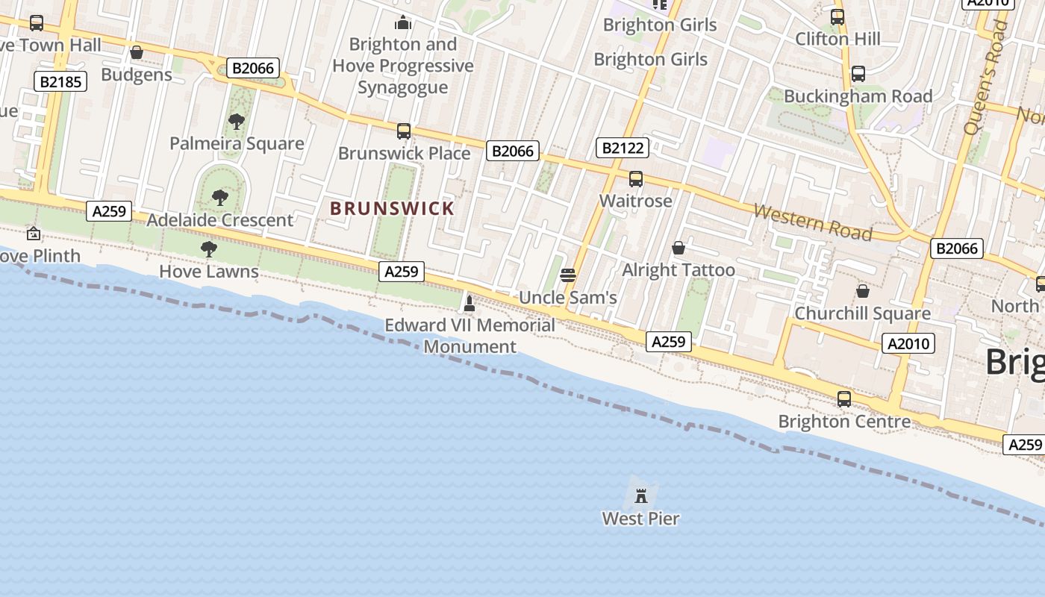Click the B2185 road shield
(60, 81)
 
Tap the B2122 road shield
(623, 148)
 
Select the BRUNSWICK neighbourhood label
(392, 208)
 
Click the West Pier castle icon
(640, 495)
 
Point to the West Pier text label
(640, 518)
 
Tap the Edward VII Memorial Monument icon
(470, 303)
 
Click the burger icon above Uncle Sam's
(567, 275)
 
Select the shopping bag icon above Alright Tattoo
(679, 248)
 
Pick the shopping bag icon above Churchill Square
(863, 290)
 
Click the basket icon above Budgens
(137, 52)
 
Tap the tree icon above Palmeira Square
(237, 121)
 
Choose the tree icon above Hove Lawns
(209, 249)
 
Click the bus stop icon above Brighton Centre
(844, 399)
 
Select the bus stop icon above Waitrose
(636, 179)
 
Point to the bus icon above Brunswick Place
(404, 131)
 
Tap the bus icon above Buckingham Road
(858, 74)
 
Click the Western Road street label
(813, 222)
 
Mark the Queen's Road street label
(985, 78)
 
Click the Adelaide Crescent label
(220, 220)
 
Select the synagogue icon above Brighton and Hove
(404, 22)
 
